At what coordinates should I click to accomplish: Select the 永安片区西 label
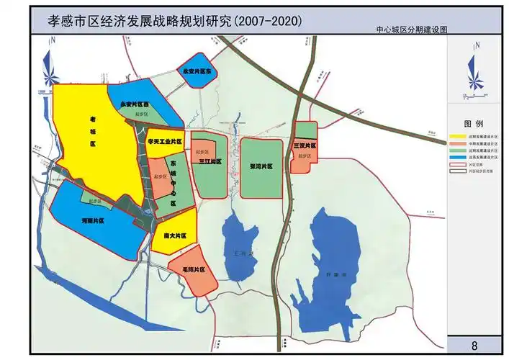[x=135, y=104]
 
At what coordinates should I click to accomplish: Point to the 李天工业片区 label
[x=165, y=143]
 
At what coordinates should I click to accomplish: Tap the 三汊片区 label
[x=305, y=145]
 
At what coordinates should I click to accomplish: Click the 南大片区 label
[x=175, y=235]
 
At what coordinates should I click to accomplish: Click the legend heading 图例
[x=473, y=124]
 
